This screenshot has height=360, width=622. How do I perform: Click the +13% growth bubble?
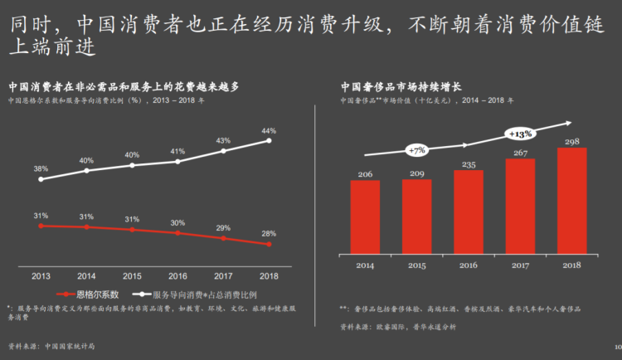point(519,133)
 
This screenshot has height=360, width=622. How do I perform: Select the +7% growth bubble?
point(416,150)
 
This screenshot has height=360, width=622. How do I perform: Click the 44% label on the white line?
point(269,131)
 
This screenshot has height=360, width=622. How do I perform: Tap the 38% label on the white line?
point(41,168)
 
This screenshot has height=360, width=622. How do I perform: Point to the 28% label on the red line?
point(269,234)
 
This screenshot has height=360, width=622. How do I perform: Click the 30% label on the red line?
point(177,222)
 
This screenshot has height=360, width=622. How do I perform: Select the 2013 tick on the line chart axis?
point(41,275)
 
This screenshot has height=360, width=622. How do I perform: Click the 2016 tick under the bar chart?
point(469,265)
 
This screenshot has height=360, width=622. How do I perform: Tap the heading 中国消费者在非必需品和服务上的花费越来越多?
point(124,85)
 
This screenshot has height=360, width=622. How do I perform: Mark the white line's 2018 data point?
point(269,140)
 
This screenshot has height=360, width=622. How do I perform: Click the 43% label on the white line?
point(223,140)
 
